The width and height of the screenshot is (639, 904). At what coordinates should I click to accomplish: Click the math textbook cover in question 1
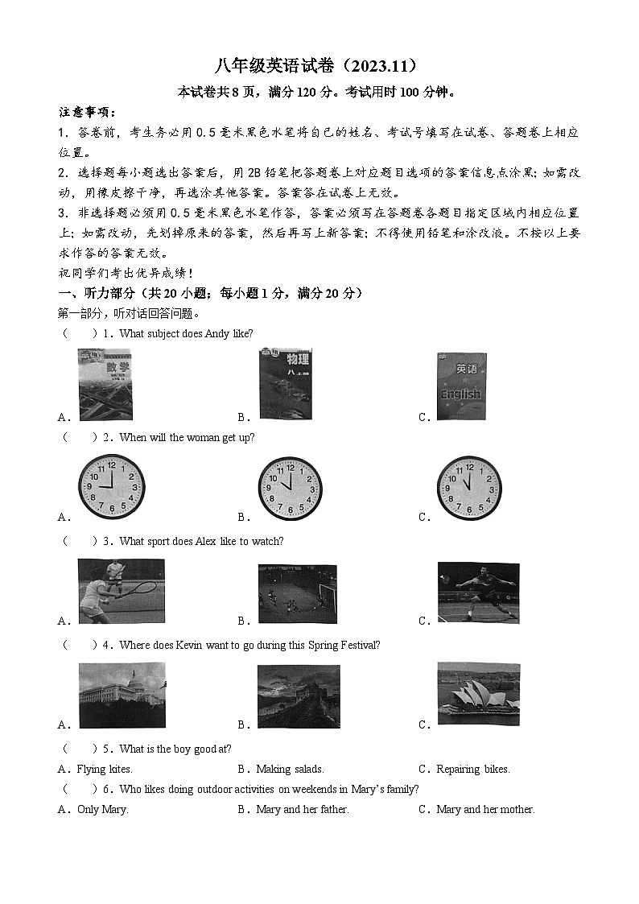coord(105,385)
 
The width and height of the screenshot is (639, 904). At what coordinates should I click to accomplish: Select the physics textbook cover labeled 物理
coord(285,385)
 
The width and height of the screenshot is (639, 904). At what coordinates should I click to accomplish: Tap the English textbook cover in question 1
coord(461,386)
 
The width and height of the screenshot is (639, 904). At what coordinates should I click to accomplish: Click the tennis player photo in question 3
coord(121,591)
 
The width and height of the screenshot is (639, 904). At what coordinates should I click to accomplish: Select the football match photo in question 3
coord(297,593)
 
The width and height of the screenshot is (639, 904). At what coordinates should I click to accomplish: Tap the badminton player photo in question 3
coord(478,592)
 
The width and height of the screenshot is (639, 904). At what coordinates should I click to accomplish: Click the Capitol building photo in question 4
coord(122,696)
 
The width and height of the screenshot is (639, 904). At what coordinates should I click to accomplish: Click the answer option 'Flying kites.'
coord(104,770)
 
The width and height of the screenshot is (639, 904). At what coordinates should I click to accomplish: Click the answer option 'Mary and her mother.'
coord(485,810)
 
